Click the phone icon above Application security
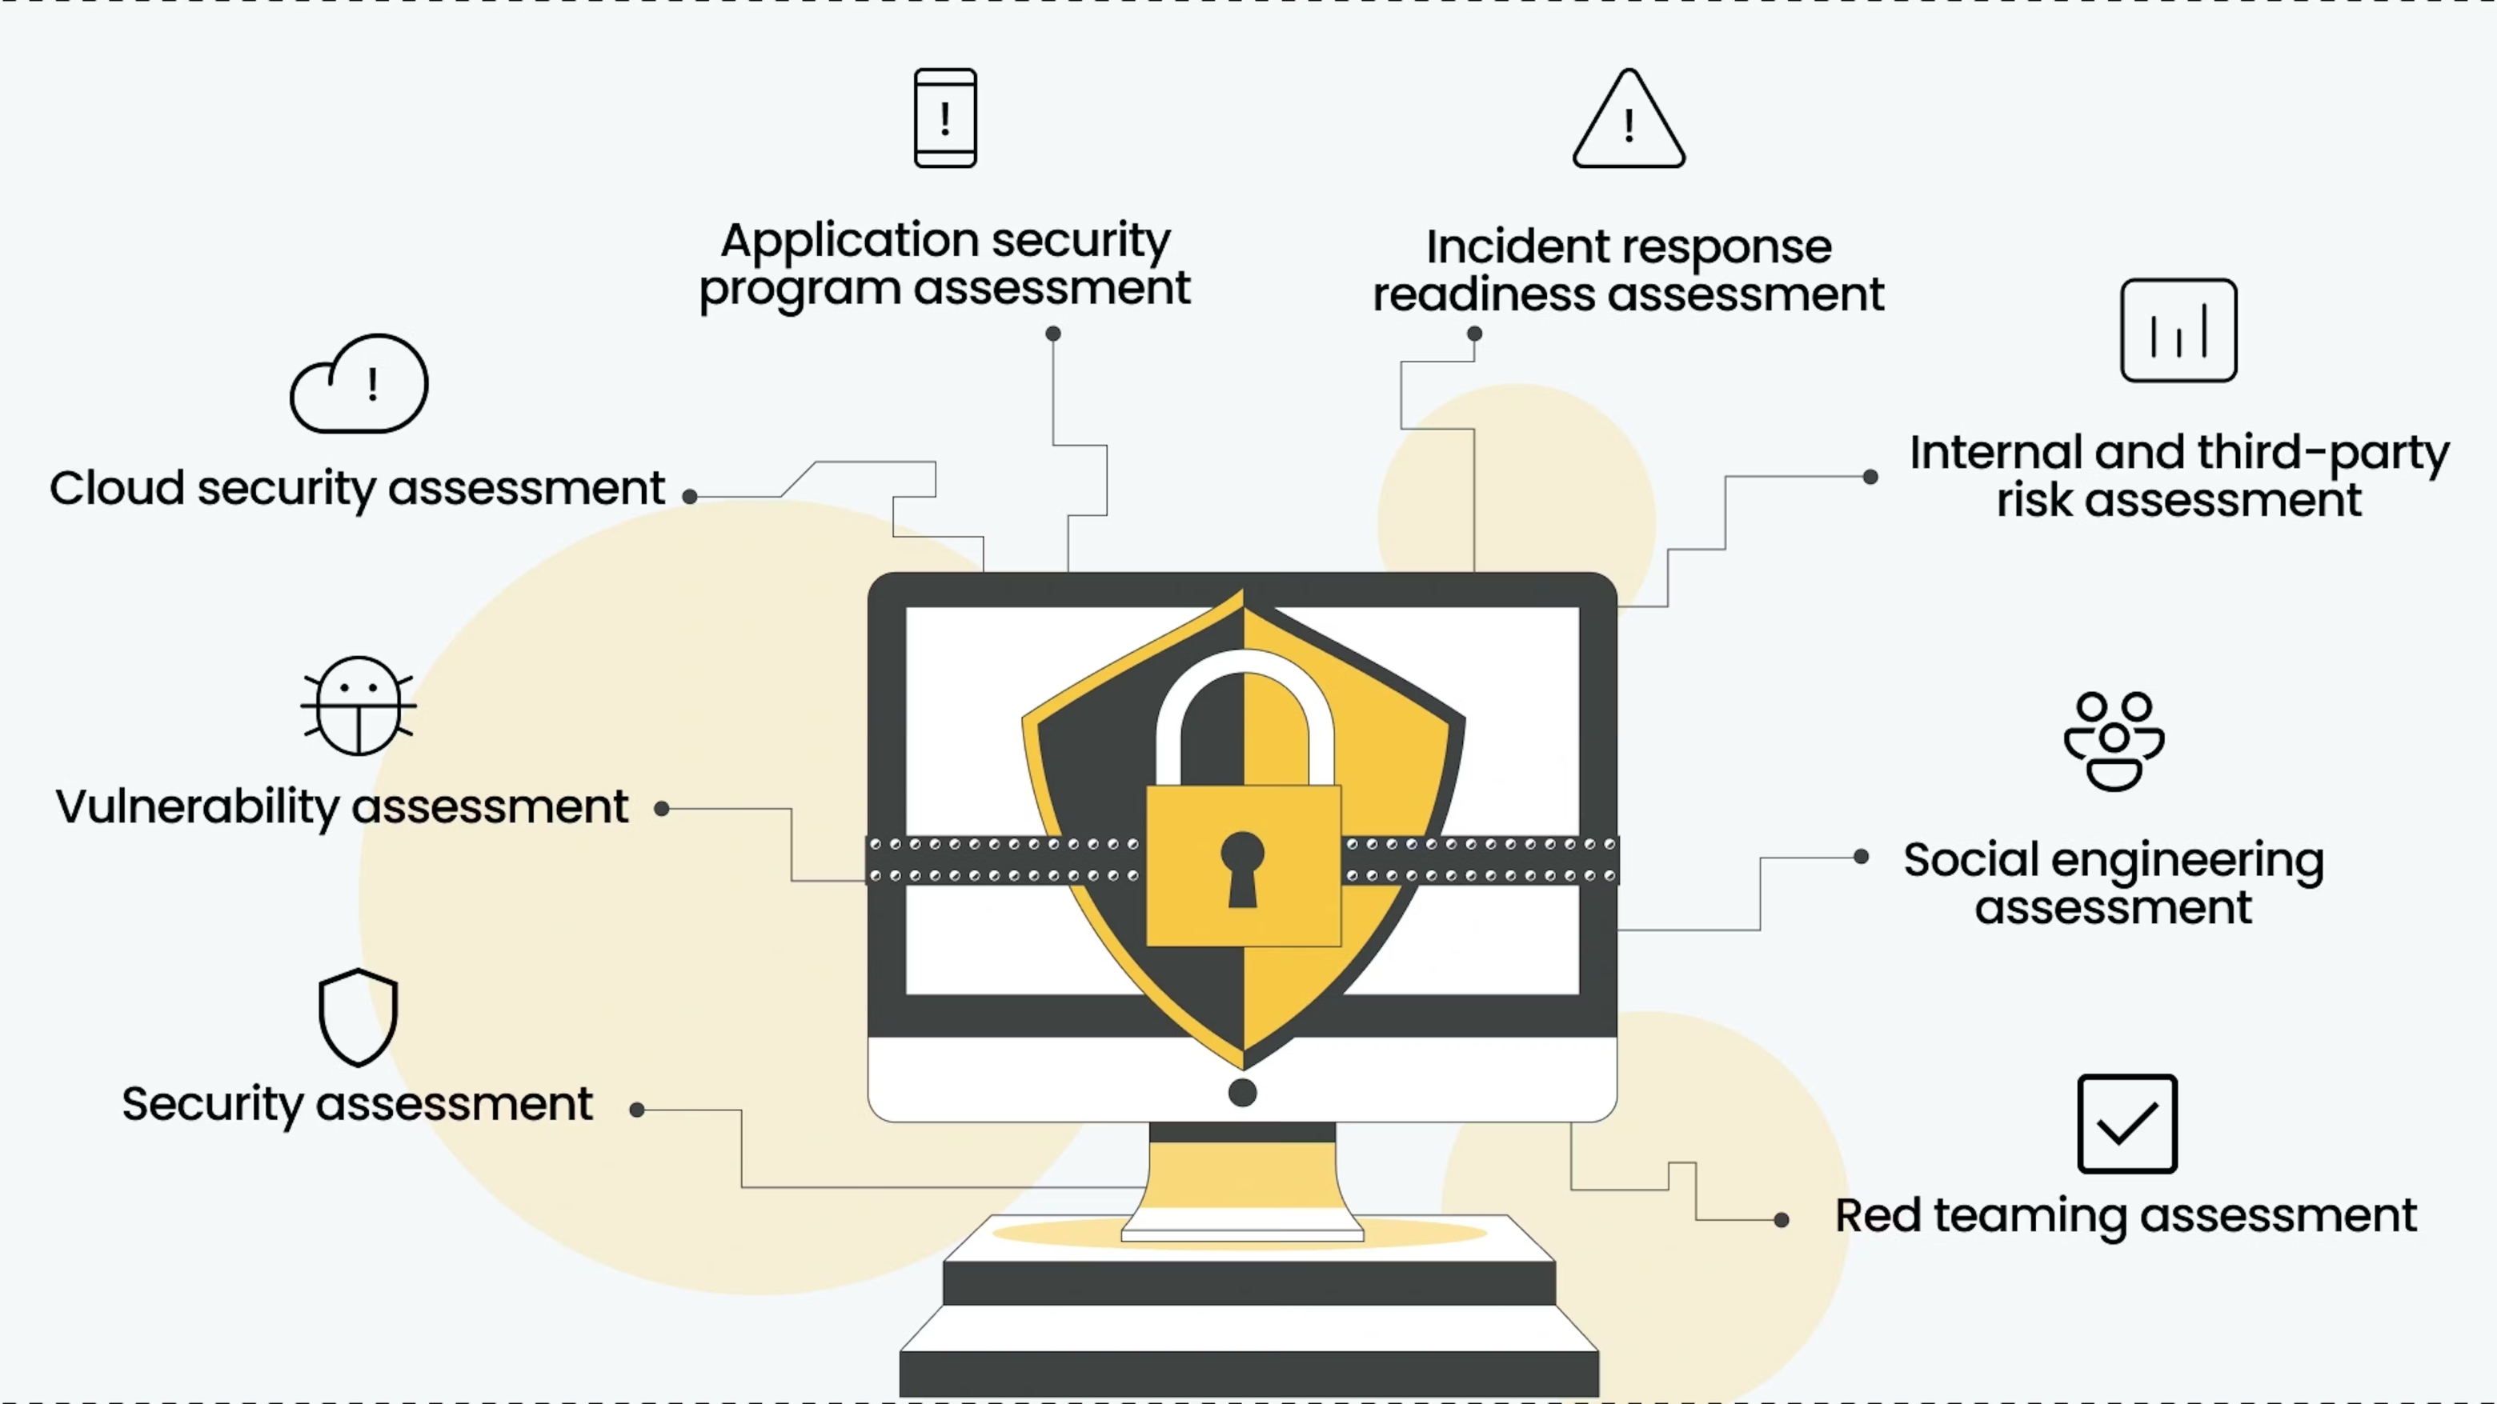[x=945, y=118]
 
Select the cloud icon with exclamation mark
[x=359, y=384]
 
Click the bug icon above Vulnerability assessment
[x=358, y=706]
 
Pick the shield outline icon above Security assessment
[x=358, y=1018]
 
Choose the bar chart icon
[x=2178, y=330]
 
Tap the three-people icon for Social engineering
[x=2114, y=742]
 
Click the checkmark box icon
[x=2126, y=1124]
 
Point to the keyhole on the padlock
[x=1243, y=867]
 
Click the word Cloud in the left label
[x=116, y=487]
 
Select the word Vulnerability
[x=197, y=807]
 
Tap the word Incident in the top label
[x=1515, y=247]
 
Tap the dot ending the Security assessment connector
[x=637, y=1110]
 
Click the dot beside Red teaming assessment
[x=1782, y=1220]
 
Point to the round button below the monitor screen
[x=1243, y=1093]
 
